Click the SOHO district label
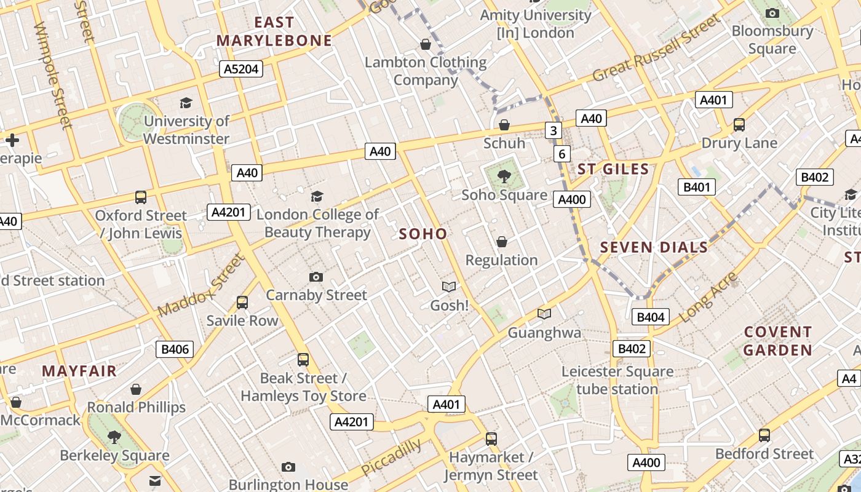click(x=423, y=234)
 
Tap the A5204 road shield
click(x=241, y=69)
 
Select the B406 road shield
click(x=175, y=350)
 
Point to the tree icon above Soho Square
click(x=504, y=177)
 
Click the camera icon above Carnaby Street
click(x=316, y=277)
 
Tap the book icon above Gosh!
click(x=449, y=287)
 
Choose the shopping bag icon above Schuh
click(x=504, y=125)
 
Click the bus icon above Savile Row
click(x=242, y=303)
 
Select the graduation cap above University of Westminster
click(x=186, y=103)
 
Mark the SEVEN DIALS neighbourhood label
click(x=654, y=247)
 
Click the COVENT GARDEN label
click(x=778, y=341)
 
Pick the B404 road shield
click(x=651, y=317)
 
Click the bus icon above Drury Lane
click(x=739, y=125)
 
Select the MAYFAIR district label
click(x=79, y=371)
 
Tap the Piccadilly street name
click(x=391, y=457)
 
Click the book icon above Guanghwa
click(x=544, y=314)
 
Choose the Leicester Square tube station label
click(x=617, y=381)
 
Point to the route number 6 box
click(x=561, y=154)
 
